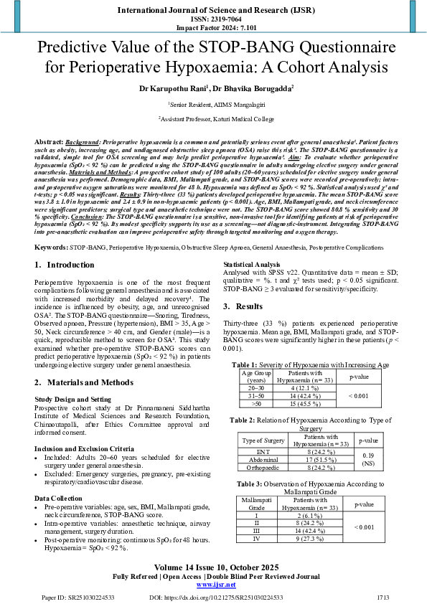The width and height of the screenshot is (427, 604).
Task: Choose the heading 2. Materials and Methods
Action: point(84,382)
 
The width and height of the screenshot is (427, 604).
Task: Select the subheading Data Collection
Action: point(58,497)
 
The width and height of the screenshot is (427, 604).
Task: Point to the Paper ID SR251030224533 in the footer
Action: point(70,596)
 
